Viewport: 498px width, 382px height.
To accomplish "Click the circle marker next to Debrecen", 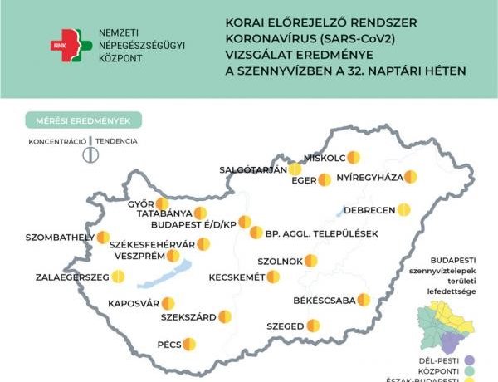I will tap(403, 209).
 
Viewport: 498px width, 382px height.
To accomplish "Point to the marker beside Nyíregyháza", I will tap(410, 177).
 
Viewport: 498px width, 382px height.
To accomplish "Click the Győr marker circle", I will tap(163, 203).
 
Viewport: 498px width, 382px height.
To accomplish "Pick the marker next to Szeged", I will tap(314, 326).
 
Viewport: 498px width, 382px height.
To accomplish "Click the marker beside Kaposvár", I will tap(168, 303).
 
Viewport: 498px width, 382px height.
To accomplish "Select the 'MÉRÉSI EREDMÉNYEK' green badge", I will tap(83, 120).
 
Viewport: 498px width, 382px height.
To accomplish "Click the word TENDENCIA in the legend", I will tap(116, 141).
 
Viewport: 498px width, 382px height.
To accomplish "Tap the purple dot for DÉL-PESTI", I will tap(470, 360).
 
